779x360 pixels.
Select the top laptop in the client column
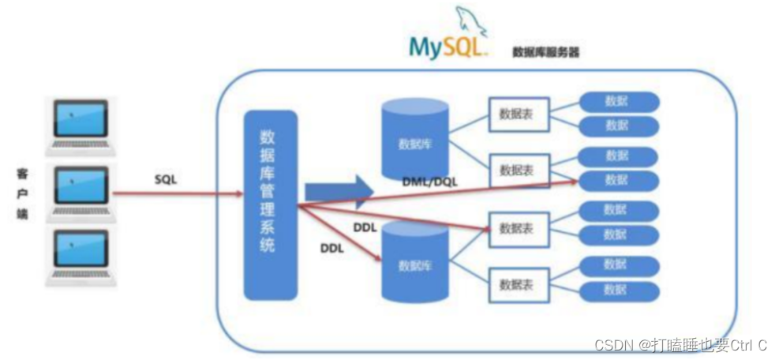coord(81,122)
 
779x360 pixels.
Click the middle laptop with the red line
coord(81,189)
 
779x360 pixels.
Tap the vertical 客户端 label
coord(22,193)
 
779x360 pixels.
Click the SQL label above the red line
coord(166,179)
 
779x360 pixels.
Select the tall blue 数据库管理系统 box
coord(270,204)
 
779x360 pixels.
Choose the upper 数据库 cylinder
coord(414,141)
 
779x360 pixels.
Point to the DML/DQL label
coord(429,182)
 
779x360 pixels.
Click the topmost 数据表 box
coord(515,114)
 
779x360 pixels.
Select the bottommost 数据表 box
coord(515,282)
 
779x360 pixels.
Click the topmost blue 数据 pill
coord(619,101)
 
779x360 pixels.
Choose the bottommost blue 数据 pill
coord(619,290)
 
